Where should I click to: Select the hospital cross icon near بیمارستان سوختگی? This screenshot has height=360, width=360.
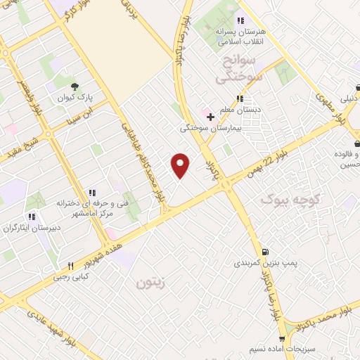coord(209,116)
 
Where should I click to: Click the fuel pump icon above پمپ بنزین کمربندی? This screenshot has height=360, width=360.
coord(264,252)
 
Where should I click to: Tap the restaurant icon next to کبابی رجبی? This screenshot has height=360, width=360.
coord(70,266)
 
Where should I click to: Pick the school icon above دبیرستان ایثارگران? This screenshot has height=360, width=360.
coord(31,217)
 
